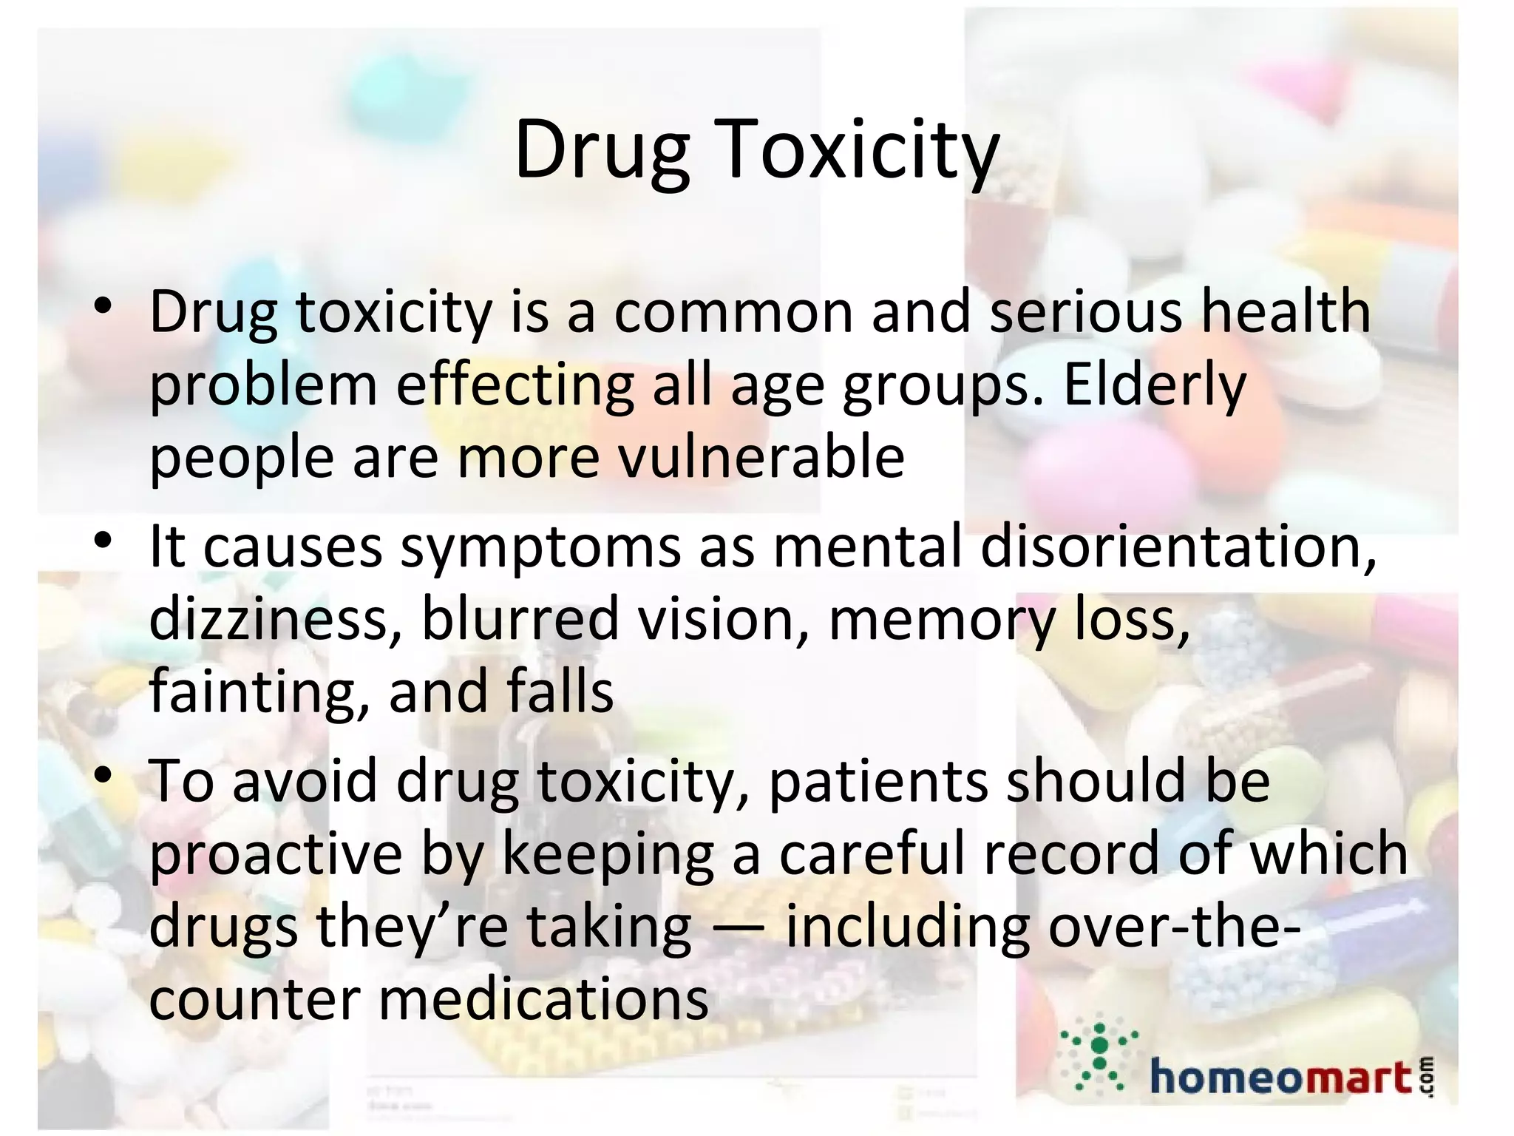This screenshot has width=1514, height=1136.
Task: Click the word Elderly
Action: click(x=1155, y=385)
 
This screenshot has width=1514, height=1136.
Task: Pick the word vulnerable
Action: click(x=761, y=456)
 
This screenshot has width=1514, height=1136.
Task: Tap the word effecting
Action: click(x=515, y=385)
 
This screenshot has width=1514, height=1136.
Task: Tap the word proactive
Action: click(x=276, y=854)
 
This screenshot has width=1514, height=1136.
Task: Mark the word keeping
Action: click(x=608, y=854)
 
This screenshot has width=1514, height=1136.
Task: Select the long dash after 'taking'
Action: click(x=739, y=929)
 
